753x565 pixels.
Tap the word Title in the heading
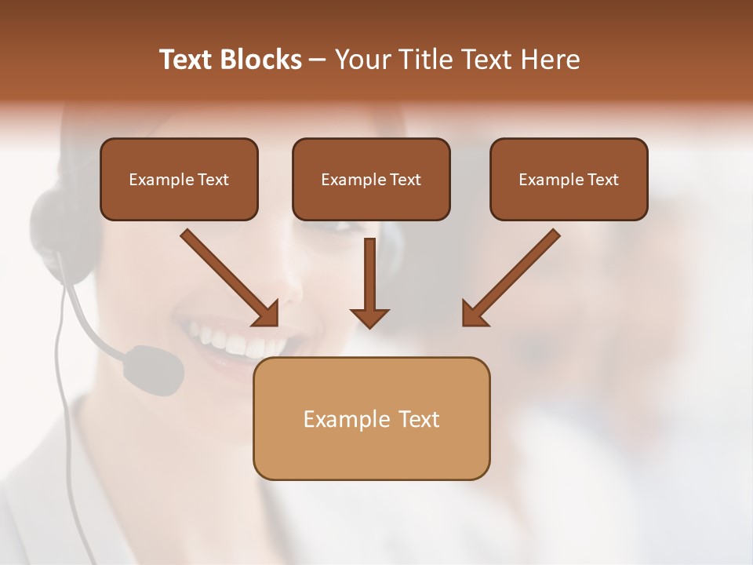pos(420,60)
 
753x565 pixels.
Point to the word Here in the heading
pos(550,60)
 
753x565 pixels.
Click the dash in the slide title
pos(318,60)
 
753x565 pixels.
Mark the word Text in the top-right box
pos(603,179)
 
